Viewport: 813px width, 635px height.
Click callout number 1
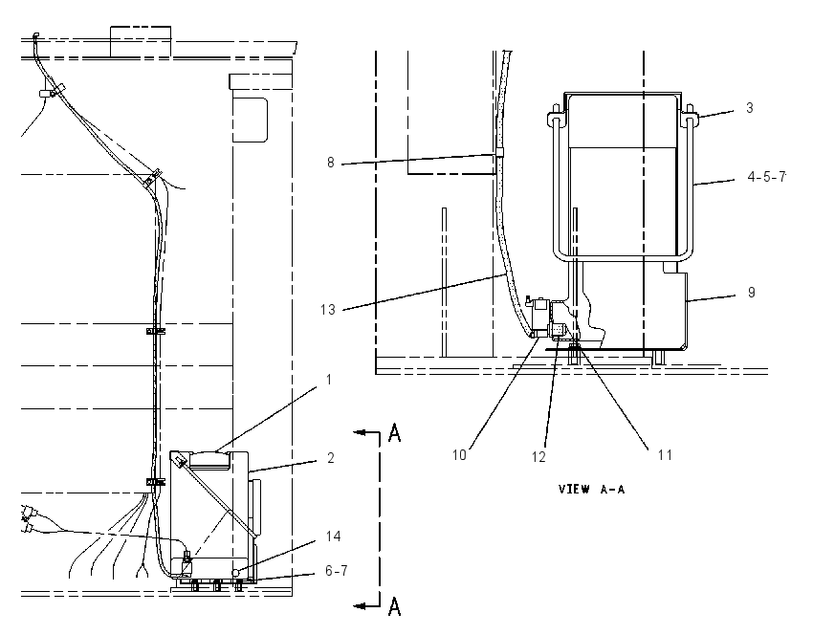click(329, 380)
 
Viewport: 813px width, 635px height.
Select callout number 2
click(331, 458)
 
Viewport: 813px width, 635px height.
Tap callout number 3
click(750, 108)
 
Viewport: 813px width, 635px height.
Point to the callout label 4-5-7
click(767, 177)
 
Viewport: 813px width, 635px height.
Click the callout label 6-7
click(337, 571)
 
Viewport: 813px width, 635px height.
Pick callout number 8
click(331, 163)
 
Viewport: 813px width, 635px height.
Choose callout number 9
click(751, 293)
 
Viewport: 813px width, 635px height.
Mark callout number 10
click(459, 455)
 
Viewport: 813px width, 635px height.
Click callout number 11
click(666, 455)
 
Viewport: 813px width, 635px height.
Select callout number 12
click(538, 457)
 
